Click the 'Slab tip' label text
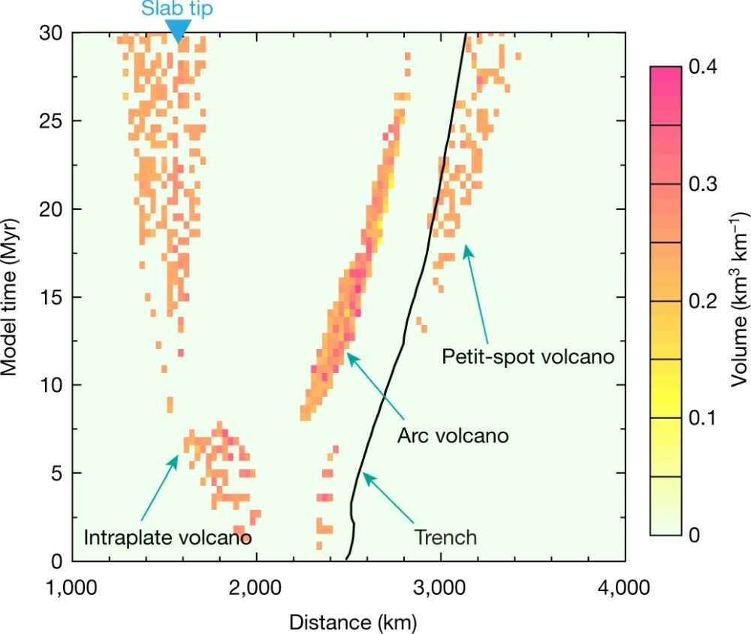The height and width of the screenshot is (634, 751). pos(177,8)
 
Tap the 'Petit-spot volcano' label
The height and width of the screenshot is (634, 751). pos(529,356)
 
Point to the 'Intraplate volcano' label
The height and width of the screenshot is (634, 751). pos(167,538)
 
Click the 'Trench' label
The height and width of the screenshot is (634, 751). pos(445,537)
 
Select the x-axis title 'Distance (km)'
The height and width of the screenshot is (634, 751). pos(349,621)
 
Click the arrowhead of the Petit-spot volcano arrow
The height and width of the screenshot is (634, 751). pos(466,247)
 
